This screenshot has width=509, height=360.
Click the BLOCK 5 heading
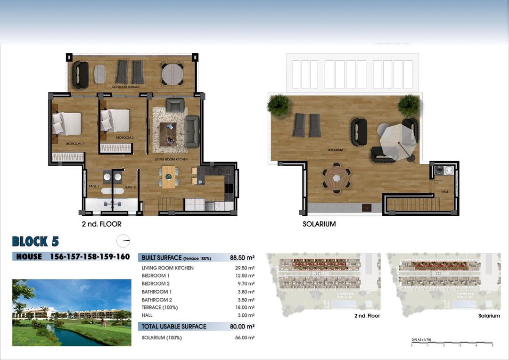click(x=35, y=242)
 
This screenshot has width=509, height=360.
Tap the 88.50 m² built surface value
click(x=242, y=258)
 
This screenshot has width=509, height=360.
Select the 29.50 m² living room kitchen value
click(x=245, y=268)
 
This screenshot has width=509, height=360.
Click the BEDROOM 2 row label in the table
click(x=156, y=284)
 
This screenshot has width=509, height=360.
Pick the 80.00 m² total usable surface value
click(x=242, y=326)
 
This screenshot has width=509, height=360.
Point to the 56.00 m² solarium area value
click(x=245, y=337)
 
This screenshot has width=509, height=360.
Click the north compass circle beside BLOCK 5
click(x=123, y=241)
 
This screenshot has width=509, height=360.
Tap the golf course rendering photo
click(x=72, y=312)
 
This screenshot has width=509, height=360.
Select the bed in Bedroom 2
click(x=115, y=120)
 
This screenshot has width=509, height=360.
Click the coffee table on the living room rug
click(x=168, y=133)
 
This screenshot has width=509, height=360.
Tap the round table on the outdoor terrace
click(x=172, y=74)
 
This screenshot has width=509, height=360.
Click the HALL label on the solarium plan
click(x=445, y=192)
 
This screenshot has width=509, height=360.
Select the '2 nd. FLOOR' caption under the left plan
click(x=101, y=224)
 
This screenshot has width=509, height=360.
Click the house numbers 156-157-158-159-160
click(x=90, y=257)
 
